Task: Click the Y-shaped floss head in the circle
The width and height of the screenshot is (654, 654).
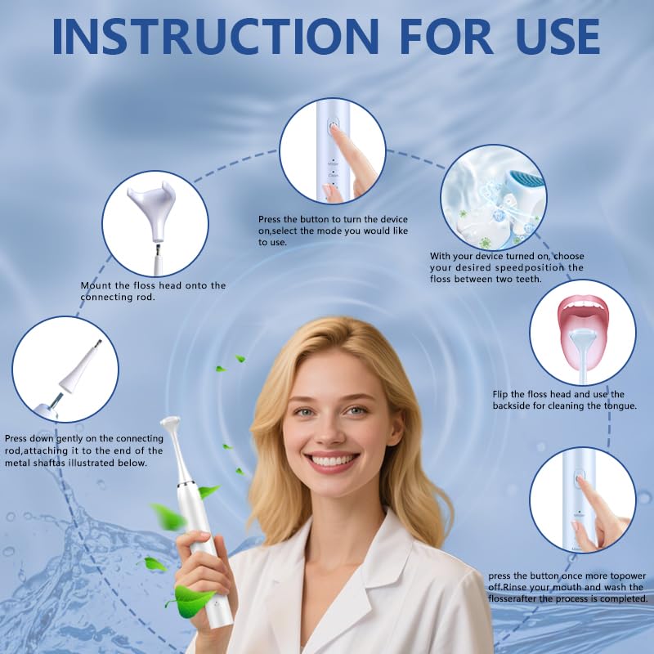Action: point(152,201)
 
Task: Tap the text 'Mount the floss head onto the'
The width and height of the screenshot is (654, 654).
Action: point(153,285)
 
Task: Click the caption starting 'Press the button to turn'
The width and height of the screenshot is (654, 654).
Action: point(333,220)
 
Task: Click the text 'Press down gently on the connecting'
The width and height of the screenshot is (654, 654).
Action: point(83,439)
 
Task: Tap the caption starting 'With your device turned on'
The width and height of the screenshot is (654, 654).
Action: point(508,256)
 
